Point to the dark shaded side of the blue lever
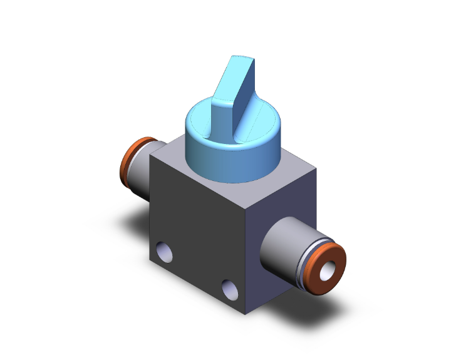247,100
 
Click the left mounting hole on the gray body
167,254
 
